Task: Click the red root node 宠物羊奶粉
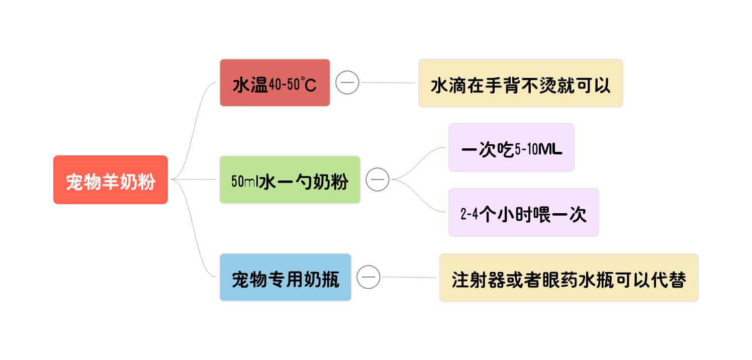(111, 180)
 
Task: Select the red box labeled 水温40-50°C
(274, 83)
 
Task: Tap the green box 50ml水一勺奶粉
(290, 180)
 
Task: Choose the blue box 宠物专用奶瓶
(285, 278)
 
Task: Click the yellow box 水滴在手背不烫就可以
(520, 83)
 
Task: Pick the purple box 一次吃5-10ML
(511, 148)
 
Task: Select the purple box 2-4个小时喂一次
(523, 213)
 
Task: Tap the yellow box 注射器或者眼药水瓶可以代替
(569, 278)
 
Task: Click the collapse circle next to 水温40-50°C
(347, 82)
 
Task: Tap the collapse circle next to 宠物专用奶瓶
(368, 277)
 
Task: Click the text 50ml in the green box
(245, 181)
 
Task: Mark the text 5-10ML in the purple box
(538, 149)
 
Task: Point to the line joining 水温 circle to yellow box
(388, 82)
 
